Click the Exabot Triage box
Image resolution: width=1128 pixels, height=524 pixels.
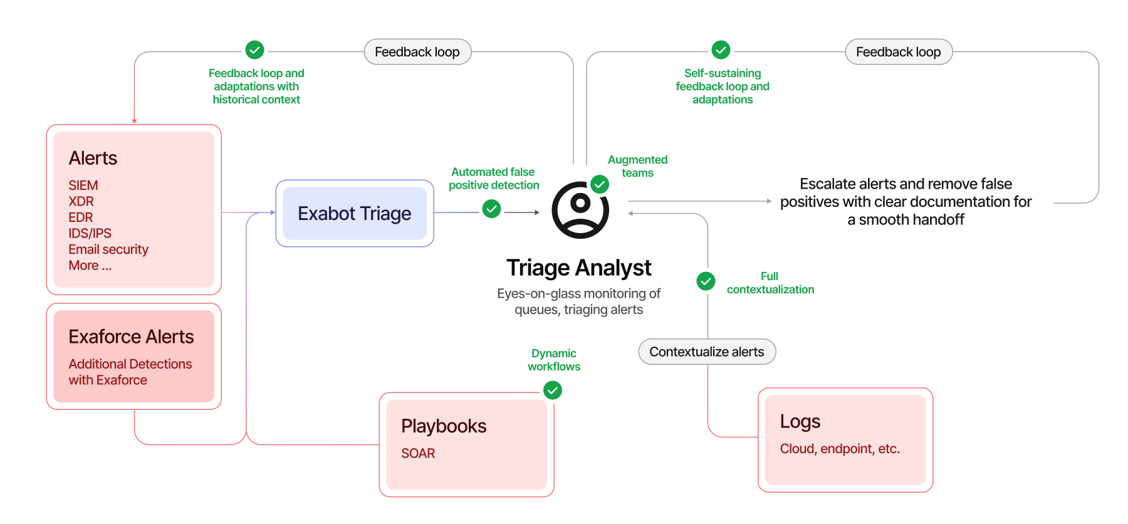(355, 213)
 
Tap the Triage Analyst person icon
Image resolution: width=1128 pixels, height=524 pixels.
(580, 211)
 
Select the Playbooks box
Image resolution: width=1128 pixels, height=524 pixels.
(467, 444)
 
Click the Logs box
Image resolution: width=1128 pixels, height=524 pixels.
(845, 440)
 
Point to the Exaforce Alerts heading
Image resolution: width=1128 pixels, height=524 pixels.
(131, 337)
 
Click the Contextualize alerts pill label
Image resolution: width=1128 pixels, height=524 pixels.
(707, 352)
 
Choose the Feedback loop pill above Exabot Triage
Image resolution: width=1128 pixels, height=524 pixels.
(417, 52)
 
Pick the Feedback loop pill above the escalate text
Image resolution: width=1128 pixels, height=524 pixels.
(899, 52)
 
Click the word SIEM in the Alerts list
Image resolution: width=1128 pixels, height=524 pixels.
(83, 186)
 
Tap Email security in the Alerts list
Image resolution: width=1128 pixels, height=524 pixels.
(108, 249)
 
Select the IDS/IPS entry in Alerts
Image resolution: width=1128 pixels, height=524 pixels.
(90, 233)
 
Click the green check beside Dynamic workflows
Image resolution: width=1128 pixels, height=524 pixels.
(553, 390)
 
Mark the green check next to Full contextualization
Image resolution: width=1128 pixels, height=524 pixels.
(706, 281)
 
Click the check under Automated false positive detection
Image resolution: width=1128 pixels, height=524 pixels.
(492, 209)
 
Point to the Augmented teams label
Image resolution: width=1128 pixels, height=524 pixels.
(637, 166)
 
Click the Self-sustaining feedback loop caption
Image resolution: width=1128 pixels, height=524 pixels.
(723, 86)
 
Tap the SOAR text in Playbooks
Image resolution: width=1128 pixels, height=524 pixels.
(418, 453)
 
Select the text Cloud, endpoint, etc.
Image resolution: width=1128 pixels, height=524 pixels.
(840, 449)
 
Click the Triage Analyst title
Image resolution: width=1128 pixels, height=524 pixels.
(579, 268)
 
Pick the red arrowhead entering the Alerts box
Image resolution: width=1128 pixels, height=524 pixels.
(134, 122)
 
